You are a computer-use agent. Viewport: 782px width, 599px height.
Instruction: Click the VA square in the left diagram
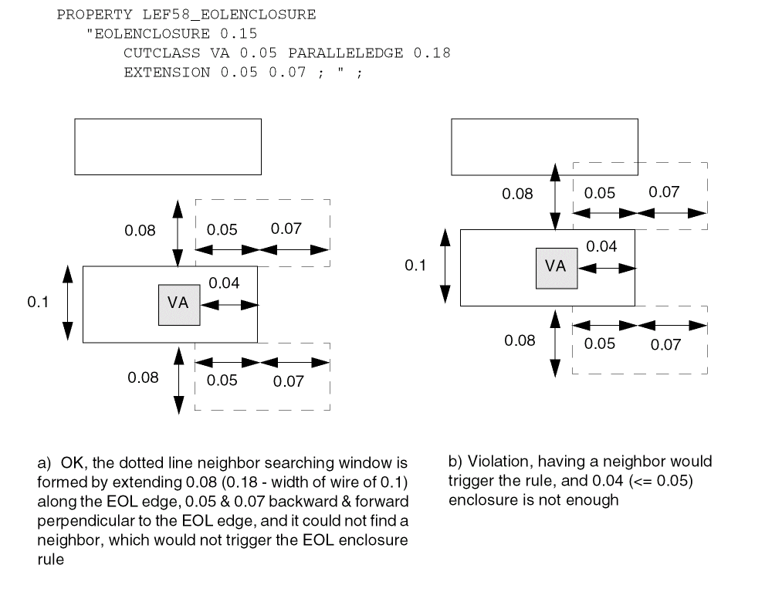(x=178, y=303)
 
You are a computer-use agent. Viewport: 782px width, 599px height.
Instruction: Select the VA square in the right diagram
(x=556, y=267)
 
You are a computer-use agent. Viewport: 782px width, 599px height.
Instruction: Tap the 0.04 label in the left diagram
(x=224, y=283)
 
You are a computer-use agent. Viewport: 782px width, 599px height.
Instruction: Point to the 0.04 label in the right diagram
(x=601, y=247)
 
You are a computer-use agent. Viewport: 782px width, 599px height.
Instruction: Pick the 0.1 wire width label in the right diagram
(x=415, y=266)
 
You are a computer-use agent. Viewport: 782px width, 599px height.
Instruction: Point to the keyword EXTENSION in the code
(x=166, y=73)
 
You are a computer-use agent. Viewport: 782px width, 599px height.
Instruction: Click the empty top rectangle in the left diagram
(x=168, y=147)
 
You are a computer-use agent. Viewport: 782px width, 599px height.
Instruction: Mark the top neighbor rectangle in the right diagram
(x=544, y=147)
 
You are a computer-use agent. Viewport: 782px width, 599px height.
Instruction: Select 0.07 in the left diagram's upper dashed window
(x=286, y=229)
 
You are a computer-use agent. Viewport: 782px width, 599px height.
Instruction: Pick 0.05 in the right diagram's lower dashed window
(x=600, y=344)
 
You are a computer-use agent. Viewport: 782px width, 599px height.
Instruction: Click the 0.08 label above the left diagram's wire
(x=140, y=230)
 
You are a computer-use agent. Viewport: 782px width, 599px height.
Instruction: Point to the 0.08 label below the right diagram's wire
(x=520, y=340)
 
